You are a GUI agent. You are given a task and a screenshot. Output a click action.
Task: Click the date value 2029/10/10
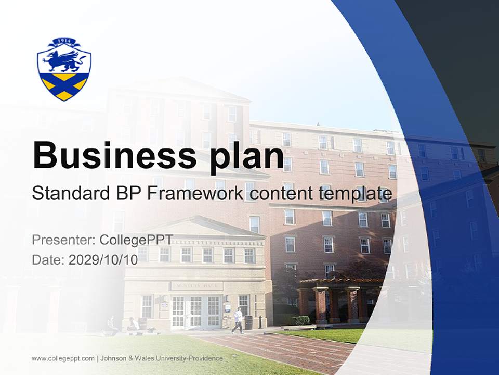tap(103, 260)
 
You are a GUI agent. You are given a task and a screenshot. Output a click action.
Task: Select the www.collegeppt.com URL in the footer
tap(63, 358)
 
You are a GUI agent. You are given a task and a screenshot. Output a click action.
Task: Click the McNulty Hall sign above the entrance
tap(196, 286)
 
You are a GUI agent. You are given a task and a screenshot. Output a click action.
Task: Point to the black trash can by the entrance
tap(248, 322)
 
